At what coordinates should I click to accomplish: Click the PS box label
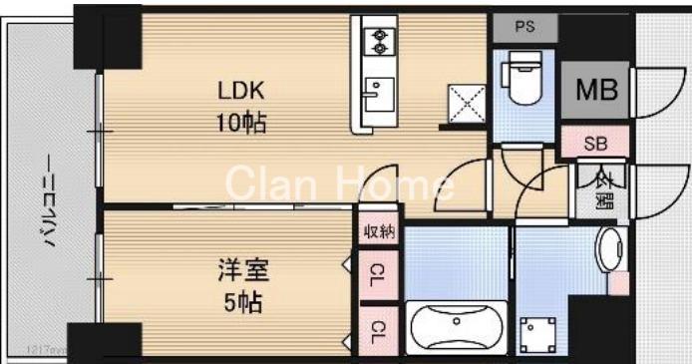[524, 27]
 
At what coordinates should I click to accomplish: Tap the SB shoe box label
[594, 144]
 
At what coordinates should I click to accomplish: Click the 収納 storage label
[380, 232]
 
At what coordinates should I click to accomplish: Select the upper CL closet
[380, 270]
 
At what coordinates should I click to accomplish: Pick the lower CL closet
[380, 329]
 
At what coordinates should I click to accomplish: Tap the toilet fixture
[521, 81]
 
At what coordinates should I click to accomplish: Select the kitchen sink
[377, 95]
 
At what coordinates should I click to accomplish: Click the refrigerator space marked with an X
[463, 103]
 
